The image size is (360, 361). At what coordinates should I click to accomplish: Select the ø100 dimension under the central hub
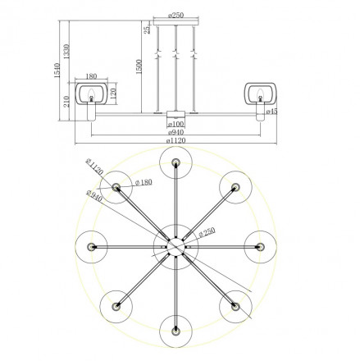175,123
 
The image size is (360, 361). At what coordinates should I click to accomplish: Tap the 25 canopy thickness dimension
146,30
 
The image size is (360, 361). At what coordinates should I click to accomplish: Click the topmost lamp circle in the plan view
175,161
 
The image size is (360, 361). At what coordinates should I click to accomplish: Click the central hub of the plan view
175,244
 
